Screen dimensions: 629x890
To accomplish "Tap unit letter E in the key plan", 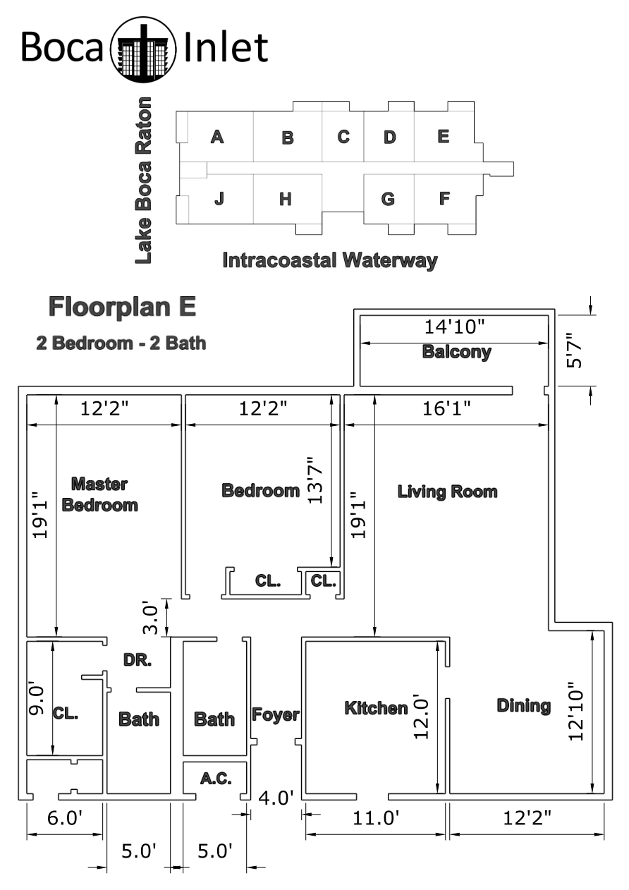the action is pyautogui.click(x=444, y=136).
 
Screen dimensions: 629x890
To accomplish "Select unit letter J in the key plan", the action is pyautogui.click(x=219, y=198).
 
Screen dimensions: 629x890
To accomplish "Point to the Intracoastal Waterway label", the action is pyautogui.click(x=330, y=261).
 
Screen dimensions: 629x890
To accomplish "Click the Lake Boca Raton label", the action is pyautogui.click(x=143, y=181).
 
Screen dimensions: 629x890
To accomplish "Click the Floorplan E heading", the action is pyautogui.click(x=122, y=307).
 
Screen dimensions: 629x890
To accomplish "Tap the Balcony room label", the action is pyautogui.click(x=456, y=352).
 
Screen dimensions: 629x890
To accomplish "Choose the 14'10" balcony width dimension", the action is pyautogui.click(x=455, y=327).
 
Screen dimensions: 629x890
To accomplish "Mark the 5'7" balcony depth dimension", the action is pyautogui.click(x=574, y=350).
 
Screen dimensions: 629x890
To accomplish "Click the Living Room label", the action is pyautogui.click(x=447, y=492).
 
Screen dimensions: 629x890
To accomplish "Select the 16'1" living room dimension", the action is pyautogui.click(x=446, y=408).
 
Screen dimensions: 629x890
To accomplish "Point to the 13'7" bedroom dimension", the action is pyautogui.click(x=315, y=480).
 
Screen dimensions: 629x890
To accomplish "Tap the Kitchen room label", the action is pyautogui.click(x=376, y=708).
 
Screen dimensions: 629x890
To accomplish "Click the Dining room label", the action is pyautogui.click(x=524, y=706).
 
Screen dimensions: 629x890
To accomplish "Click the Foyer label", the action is pyautogui.click(x=275, y=715).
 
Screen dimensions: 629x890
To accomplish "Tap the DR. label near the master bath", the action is pyautogui.click(x=138, y=660).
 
